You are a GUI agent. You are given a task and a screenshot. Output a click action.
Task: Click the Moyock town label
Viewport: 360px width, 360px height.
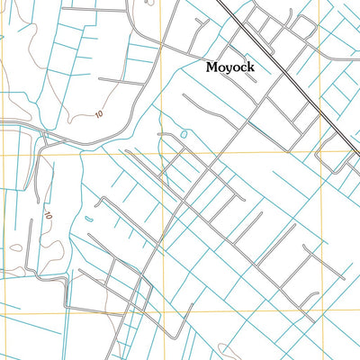(230, 67)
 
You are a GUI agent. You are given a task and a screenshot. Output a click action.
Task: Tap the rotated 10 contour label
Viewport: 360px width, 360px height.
(48, 216)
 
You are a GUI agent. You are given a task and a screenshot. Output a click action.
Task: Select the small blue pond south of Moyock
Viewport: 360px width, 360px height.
(184, 135)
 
